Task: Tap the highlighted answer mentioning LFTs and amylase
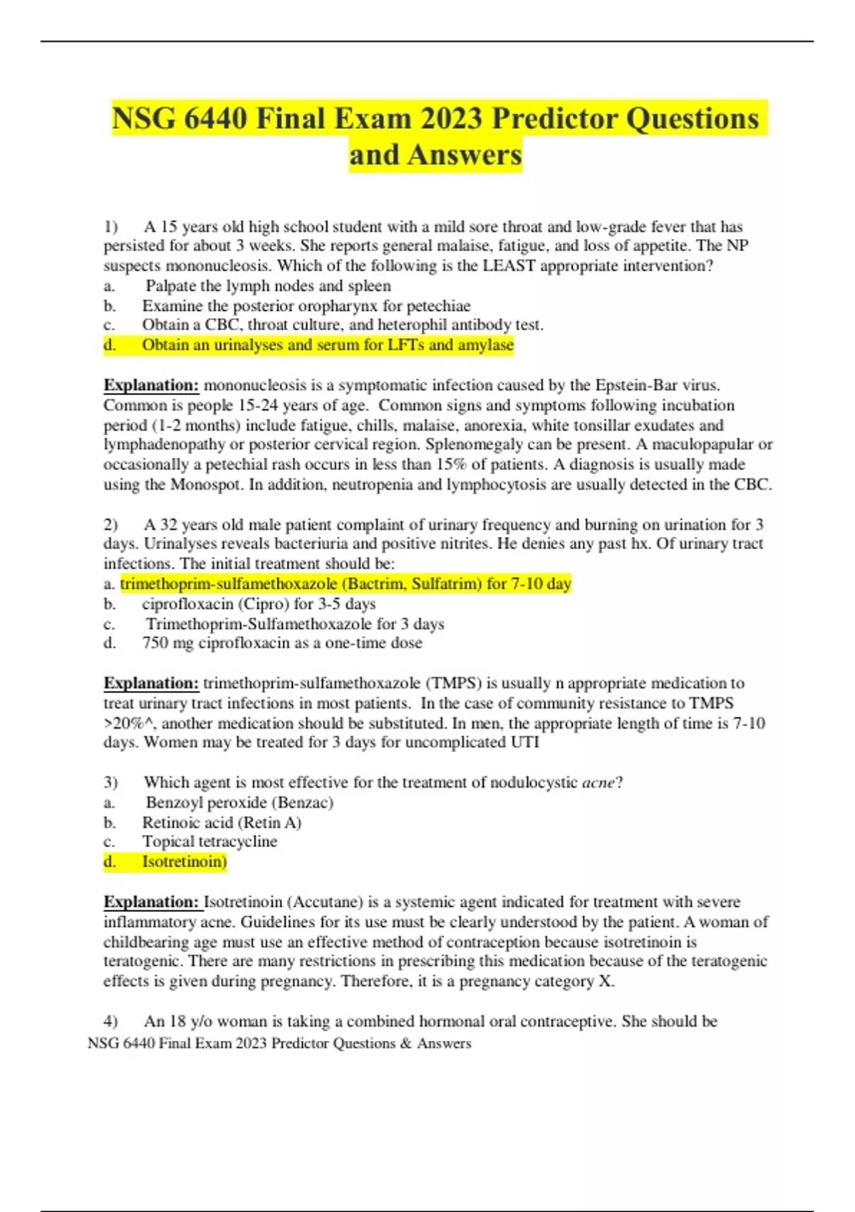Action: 327,345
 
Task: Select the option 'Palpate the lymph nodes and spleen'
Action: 268,286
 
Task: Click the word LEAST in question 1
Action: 509,266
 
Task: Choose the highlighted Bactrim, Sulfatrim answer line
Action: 346,584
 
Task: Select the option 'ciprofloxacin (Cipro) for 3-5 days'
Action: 259,604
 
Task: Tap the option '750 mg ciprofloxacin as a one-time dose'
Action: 282,643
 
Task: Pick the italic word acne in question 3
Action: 598,783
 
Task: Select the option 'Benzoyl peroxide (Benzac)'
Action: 239,803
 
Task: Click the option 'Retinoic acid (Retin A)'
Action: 222,823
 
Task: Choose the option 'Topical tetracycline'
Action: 209,842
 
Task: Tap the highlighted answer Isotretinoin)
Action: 184,862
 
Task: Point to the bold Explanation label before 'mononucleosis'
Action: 151,386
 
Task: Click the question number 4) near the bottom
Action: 110,1022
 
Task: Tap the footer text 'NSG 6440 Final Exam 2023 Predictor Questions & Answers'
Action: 279,1044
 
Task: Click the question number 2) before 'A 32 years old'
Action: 110,525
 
